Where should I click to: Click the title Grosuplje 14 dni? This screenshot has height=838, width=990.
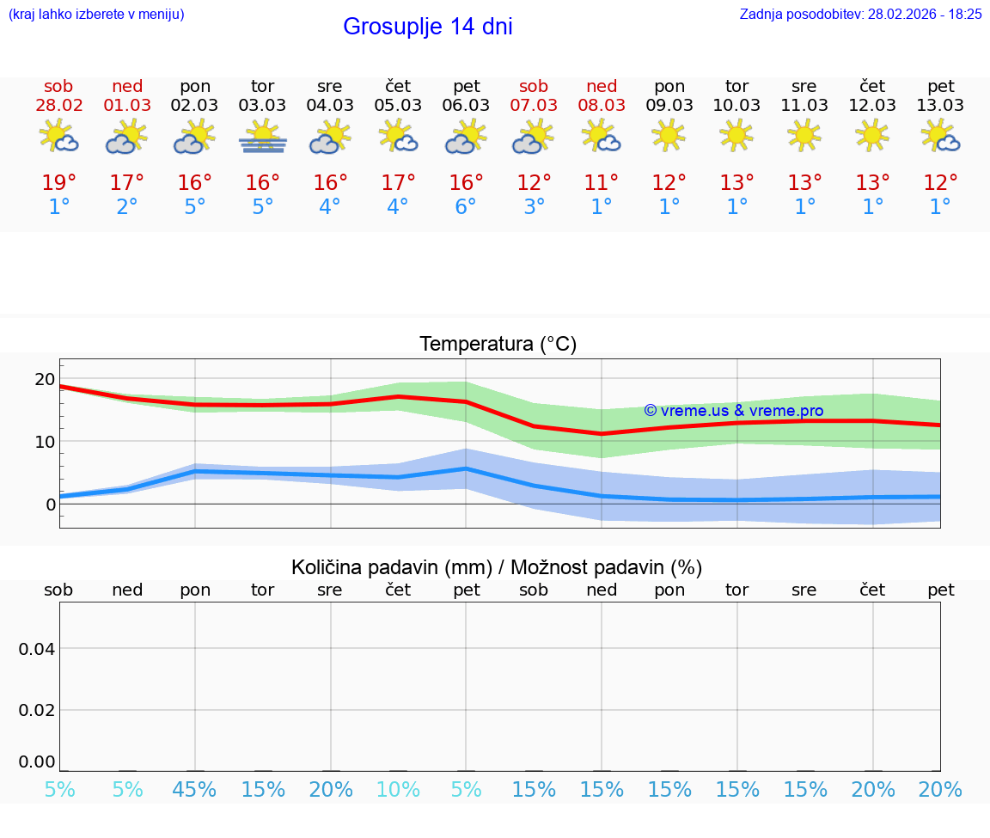[x=427, y=27]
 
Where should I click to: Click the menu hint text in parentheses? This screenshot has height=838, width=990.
[x=96, y=14]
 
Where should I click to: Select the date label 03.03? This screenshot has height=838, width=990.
[x=262, y=106]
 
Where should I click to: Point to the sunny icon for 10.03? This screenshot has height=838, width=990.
[x=736, y=135]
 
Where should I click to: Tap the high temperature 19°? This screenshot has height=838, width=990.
[x=59, y=183]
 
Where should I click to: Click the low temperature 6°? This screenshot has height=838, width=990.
[x=466, y=207]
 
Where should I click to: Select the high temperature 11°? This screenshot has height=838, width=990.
[x=602, y=183]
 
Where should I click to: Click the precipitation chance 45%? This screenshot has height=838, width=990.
[x=195, y=790]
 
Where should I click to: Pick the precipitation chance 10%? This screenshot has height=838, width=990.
[x=399, y=790]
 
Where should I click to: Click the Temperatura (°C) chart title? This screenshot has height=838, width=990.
[x=498, y=345]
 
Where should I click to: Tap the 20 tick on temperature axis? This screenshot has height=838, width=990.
[x=45, y=379]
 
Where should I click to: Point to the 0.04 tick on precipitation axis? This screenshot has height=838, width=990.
[x=37, y=649]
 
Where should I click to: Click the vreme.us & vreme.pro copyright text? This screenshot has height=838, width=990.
[x=733, y=411]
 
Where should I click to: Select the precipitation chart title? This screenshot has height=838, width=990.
[x=497, y=567]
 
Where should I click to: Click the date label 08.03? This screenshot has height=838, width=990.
[x=602, y=106]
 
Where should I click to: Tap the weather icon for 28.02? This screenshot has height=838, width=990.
[x=59, y=137]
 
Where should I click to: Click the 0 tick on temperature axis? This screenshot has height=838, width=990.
[x=50, y=505]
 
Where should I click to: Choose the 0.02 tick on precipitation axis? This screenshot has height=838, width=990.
[x=37, y=710]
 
